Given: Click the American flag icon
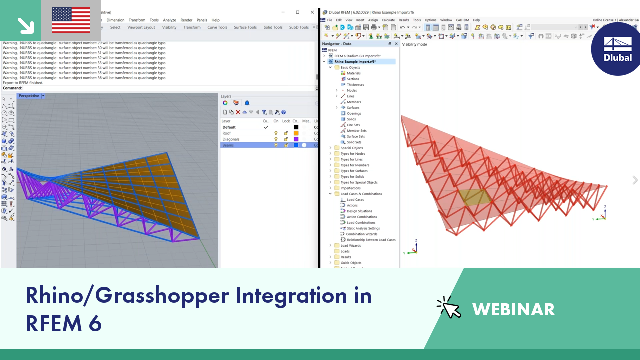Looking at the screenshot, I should [71, 20].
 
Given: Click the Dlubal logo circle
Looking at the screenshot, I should [616, 49].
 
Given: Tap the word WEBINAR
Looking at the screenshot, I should [513, 309].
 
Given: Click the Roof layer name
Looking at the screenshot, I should [227, 133].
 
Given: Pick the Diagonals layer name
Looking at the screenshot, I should [231, 139].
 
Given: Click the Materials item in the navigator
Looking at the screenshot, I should [353, 73].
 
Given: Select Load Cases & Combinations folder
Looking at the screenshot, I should [361, 194].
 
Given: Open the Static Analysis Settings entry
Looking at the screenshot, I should [363, 228].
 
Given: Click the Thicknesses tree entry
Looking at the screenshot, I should [355, 85].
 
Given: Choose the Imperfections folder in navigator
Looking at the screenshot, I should [350, 188].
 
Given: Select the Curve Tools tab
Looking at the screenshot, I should [217, 27].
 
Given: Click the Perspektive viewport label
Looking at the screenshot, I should [29, 96].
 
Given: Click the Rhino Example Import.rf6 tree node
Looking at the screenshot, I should [358, 62].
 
